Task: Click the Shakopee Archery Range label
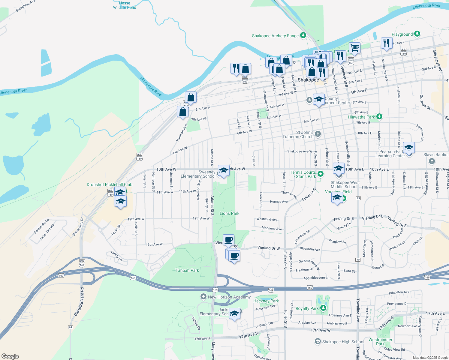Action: (275, 36)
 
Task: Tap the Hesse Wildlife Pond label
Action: (125, 5)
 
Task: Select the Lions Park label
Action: (229, 213)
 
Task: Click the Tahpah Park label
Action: (187, 270)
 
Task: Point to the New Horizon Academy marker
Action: (203, 297)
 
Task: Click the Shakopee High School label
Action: (343, 342)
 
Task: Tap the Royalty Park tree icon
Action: (323, 308)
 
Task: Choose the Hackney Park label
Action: (266, 301)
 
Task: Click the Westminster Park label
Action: (380, 342)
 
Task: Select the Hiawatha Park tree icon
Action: (379, 116)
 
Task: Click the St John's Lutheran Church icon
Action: (318, 134)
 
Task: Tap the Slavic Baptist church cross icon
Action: (432, 161)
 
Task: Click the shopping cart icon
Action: (354, 48)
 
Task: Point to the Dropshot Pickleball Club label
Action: (110, 184)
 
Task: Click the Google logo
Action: (10, 356)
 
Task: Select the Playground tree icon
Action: (417, 34)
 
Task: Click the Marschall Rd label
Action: (437, 60)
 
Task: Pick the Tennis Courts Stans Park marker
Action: (321, 174)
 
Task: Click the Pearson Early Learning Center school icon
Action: (409, 148)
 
